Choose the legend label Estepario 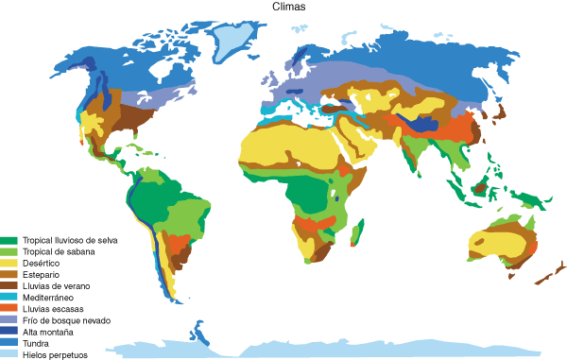click(41, 274)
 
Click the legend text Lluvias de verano click(55, 285)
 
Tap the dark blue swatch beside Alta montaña click(9, 332)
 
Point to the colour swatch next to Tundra click(9, 343)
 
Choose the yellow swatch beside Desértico click(9, 263)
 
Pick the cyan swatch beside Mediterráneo click(9, 297)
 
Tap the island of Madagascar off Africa click(355, 231)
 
